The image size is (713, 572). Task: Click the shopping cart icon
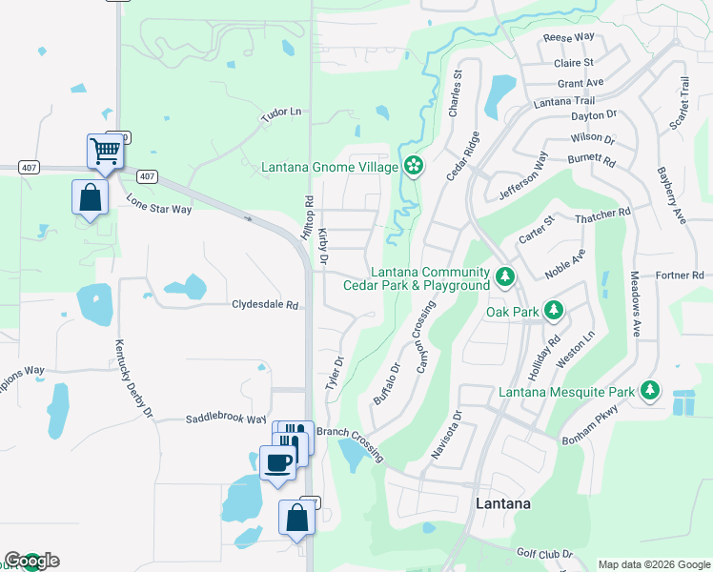pos(105,150)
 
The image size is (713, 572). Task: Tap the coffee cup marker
pos(277,462)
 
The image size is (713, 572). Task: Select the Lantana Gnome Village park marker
pos(413,167)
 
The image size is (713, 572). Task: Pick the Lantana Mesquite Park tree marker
pos(650,390)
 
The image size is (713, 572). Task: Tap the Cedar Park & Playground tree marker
pos(505,277)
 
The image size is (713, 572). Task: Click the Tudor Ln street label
pos(281,112)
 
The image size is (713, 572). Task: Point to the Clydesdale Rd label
pos(266,305)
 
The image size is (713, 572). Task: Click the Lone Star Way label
pos(159,203)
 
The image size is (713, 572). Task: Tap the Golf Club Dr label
pos(544,553)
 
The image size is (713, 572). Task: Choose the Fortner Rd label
pos(679,276)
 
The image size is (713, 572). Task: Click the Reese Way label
pos(568,37)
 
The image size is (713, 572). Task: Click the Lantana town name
pos(502,502)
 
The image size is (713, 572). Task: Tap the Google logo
pos(31,561)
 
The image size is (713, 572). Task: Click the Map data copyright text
pos(653,564)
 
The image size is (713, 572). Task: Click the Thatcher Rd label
pos(603,217)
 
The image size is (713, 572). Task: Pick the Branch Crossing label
pos(350,443)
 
